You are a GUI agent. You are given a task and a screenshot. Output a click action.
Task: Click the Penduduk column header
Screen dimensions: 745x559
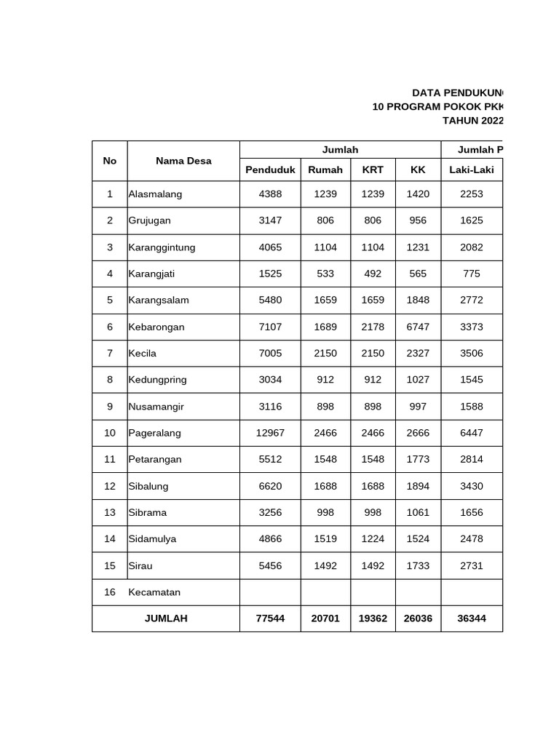click(270, 170)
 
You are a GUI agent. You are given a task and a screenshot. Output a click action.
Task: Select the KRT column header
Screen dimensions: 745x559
click(373, 170)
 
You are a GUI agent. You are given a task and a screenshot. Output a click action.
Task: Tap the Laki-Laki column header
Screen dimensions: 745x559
click(471, 170)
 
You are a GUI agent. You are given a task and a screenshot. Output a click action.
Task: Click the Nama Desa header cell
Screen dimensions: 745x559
click(183, 161)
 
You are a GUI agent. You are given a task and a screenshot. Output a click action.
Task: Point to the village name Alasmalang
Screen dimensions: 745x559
click(155, 194)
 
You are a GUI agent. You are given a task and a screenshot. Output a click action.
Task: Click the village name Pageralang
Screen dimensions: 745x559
click(154, 433)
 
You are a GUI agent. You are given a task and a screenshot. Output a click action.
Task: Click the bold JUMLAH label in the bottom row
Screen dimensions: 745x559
click(166, 618)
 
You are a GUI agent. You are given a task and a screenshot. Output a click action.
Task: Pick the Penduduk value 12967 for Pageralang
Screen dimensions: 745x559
click(270, 433)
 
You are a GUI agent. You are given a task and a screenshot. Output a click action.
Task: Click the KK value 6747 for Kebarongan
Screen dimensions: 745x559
click(418, 327)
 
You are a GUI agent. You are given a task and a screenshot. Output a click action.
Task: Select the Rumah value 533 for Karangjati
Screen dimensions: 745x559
click(325, 274)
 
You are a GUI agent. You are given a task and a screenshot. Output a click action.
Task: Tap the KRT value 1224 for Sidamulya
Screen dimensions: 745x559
click(373, 539)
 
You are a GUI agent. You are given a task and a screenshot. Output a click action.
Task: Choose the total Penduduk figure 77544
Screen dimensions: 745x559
click(270, 618)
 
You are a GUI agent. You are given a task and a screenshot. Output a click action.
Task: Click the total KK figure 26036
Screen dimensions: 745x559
click(418, 618)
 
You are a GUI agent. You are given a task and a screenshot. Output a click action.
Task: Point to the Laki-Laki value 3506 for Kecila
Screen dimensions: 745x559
click(471, 354)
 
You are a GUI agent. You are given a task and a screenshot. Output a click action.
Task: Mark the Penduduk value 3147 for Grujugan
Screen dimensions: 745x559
click(270, 220)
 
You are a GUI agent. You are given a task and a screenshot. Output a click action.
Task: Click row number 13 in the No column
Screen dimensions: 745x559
click(110, 512)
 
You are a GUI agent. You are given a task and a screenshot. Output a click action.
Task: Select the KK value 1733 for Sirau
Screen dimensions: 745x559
click(418, 565)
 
